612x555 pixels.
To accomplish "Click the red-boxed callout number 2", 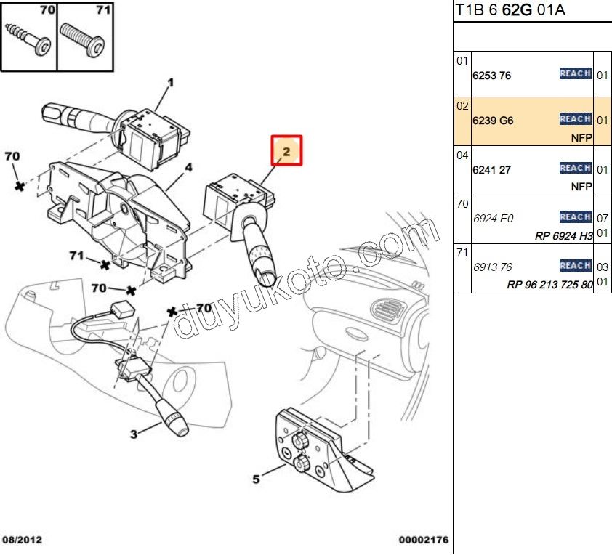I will click(286, 152).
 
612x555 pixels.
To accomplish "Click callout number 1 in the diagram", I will click(171, 82).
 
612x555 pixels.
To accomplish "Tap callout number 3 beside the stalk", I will click(134, 435).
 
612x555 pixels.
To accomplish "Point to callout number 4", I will click(188, 168).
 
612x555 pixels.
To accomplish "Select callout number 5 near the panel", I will click(256, 479).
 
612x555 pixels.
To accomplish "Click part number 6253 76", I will click(492, 76).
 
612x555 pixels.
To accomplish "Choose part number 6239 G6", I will click(493, 121).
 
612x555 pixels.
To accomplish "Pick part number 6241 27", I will click(492, 170).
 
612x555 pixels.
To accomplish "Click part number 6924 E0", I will click(492, 218).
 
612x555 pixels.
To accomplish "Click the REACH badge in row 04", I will click(575, 168).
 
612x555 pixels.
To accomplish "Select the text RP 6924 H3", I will click(564, 235).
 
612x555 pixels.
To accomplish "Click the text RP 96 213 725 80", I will click(550, 285).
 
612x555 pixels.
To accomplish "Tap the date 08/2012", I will click(23, 540).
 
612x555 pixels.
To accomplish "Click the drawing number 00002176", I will click(423, 540).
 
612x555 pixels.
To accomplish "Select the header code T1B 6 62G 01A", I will click(510, 10).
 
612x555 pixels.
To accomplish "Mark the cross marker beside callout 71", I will click(107, 263).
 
